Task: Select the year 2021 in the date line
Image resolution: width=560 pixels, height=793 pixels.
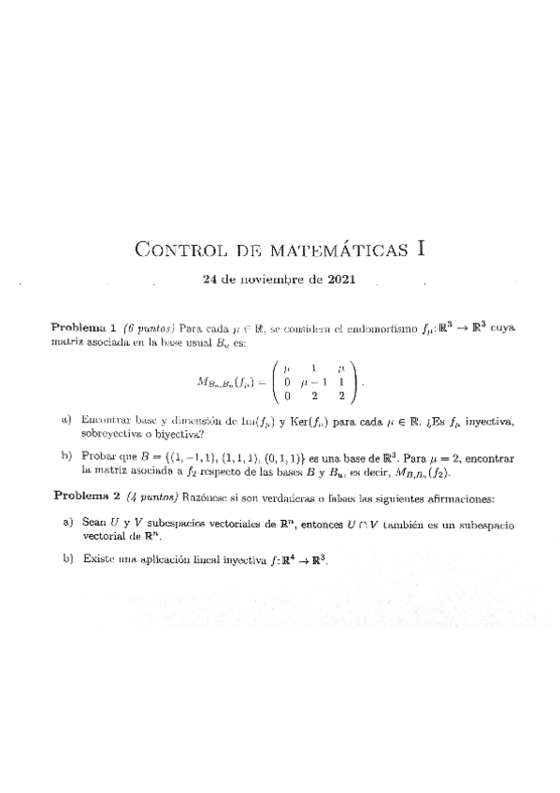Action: click(x=340, y=280)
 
